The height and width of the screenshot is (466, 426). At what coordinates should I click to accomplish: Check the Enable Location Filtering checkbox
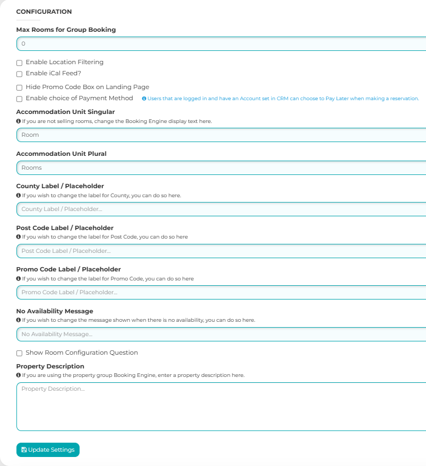[20, 63]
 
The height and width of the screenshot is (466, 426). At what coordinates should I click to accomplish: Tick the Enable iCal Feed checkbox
[20, 74]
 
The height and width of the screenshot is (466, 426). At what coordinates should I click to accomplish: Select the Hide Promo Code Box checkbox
[20, 87]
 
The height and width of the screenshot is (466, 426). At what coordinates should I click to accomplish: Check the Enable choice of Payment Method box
[20, 99]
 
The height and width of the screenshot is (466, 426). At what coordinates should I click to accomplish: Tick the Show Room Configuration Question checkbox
[20, 353]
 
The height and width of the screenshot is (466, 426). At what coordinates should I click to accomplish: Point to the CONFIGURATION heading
[44, 12]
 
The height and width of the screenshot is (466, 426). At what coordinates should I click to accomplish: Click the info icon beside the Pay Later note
[144, 99]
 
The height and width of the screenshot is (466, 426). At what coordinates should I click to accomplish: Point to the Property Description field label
[50, 366]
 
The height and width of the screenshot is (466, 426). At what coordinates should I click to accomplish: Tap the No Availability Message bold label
[55, 311]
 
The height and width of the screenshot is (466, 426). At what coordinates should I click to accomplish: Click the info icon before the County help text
[19, 196]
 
